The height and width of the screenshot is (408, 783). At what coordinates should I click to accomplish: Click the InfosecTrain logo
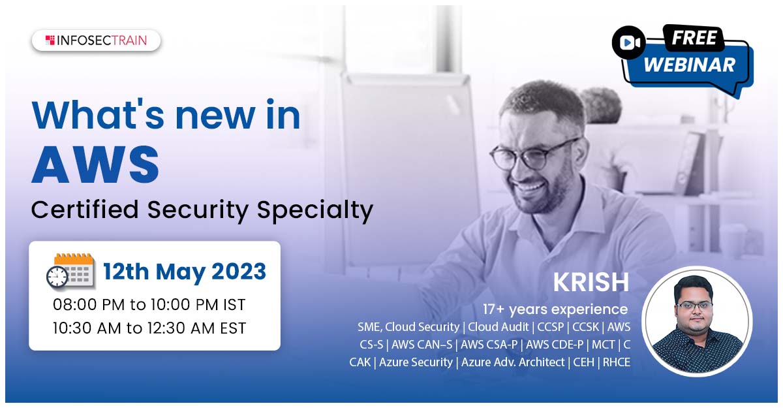[96, 40]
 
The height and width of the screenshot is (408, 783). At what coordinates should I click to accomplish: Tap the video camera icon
[629, 42]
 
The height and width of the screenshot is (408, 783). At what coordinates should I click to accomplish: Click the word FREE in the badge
[694, 38]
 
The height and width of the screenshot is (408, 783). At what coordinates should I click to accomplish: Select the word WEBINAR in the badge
[690, 65]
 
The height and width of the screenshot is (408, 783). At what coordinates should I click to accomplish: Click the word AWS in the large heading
[95, 165]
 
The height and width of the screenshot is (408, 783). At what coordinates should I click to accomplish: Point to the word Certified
[85, 210]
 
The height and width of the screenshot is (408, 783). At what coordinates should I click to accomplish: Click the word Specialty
[315, 211]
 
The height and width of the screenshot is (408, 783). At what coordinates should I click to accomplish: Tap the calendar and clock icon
[70, 272]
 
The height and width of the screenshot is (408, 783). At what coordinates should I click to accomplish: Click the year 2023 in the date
[239, 272]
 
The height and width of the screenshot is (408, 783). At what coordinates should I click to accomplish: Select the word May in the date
[180, 273]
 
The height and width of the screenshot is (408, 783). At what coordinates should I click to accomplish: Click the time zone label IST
[234, 304]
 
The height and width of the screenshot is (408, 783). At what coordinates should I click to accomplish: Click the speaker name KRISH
[591, 282]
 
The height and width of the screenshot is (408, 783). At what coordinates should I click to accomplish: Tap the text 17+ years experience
[555, 309]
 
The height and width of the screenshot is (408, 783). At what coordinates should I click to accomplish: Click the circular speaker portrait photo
[697, 321]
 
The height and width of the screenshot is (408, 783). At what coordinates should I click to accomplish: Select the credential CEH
[583, 362]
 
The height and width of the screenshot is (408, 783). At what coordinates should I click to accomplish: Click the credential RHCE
[616, 362]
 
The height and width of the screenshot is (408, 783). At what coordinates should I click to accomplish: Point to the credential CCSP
[550, 327]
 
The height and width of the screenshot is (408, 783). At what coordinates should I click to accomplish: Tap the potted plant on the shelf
[601, 106]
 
